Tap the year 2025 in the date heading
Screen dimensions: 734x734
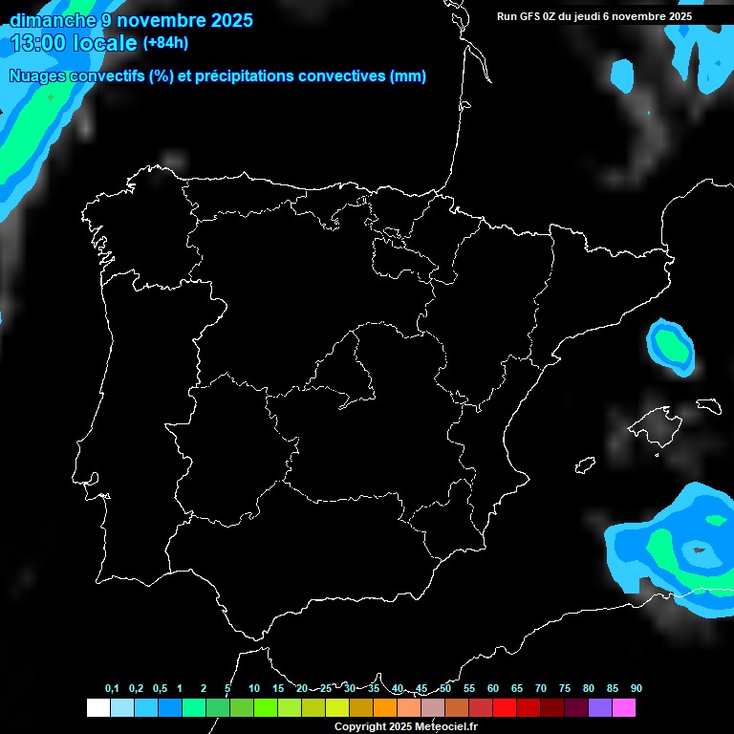pyautogui.click(x=225, y=20)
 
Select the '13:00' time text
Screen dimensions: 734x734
pyautogui.click(x=39, y=42)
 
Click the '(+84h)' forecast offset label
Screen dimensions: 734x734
pyautogui.click(x=165, y=43)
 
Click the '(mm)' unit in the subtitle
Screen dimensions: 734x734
pyautogui.click(x=408, y=76)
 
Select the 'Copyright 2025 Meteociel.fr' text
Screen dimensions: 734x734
pyautogui.click(x=405, y=727)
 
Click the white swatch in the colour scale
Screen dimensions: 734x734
pyautogui.click(x=97, y=708)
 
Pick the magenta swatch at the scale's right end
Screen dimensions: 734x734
pyautogui.click(x=624, y=708)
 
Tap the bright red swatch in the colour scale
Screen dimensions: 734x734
pyautogui.click(x=505, y=708)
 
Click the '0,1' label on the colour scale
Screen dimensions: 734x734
pyautogui.click(x=112, y=689)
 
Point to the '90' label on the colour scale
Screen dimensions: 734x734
pyautogui.click(x=636, y=689)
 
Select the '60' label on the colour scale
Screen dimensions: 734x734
pyautogui.click(x=492, y=689)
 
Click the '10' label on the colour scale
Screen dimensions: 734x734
pyautogui.click(x=253, y=689)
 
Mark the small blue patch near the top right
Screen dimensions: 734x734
pyautogui.click(x=623, y=75)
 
